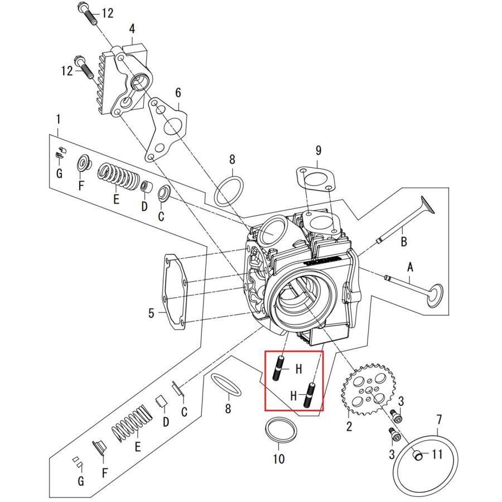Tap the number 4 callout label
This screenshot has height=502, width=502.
132,29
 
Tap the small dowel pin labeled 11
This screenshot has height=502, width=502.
417,455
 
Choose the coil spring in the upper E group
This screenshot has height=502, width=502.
119,177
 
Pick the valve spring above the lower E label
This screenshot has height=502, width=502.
131,423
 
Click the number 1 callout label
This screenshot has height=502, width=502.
58,120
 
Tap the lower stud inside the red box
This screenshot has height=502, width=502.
308,395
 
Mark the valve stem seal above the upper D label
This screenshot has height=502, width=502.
147,186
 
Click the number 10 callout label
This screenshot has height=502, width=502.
278,459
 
